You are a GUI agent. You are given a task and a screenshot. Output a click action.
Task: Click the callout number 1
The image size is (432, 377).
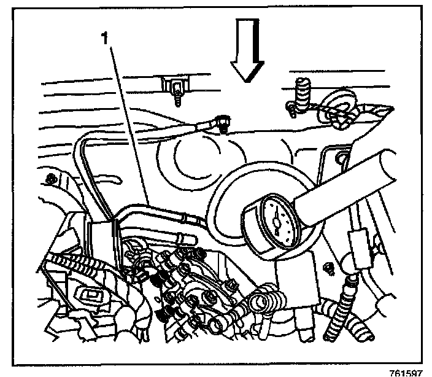(106, 39)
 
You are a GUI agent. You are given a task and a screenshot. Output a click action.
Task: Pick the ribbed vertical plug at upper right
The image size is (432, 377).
(303, 91)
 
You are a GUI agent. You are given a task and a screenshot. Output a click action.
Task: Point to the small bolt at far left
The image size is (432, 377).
(50, 179)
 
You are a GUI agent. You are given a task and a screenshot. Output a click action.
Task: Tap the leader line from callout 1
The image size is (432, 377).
(129, 123)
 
